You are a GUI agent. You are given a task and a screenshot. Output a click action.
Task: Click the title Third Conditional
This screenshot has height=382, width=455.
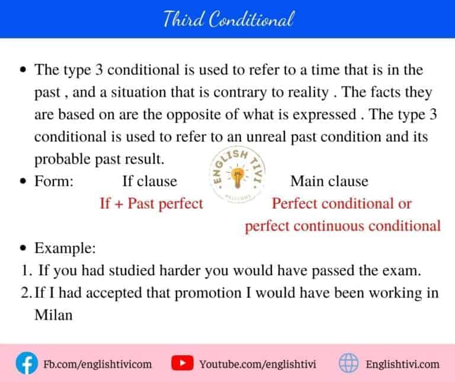[228, 20]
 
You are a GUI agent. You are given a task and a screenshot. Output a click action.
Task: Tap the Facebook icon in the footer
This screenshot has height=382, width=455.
[25, 363]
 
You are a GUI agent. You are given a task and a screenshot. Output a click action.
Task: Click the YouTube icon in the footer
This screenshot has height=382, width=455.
[180, 363]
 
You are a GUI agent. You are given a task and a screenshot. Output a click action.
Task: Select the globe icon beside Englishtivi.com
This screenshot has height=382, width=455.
[348, 363]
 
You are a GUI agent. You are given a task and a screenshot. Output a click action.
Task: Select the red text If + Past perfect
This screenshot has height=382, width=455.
[151, 203]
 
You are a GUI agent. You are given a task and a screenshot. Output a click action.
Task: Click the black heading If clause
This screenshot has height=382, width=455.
[149, 181]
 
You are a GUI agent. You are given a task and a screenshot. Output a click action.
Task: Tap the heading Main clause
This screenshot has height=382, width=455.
[329, 181]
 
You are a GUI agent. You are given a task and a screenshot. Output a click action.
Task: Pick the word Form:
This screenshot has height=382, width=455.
[54, 181]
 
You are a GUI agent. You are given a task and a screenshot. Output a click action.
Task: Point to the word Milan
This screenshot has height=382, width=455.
[53, 315]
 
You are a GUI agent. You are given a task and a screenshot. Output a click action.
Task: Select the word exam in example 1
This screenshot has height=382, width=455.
[403, 271]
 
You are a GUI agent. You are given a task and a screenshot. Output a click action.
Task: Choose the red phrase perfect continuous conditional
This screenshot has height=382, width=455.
[343, 225]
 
